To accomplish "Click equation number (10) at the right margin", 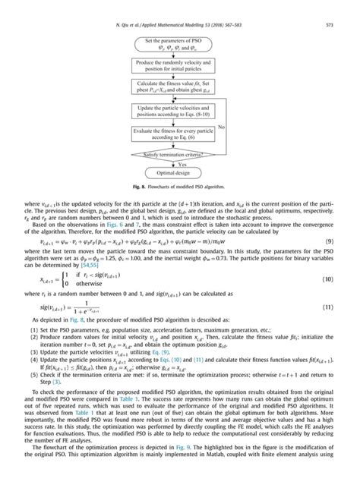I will (x=345, y=301).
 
